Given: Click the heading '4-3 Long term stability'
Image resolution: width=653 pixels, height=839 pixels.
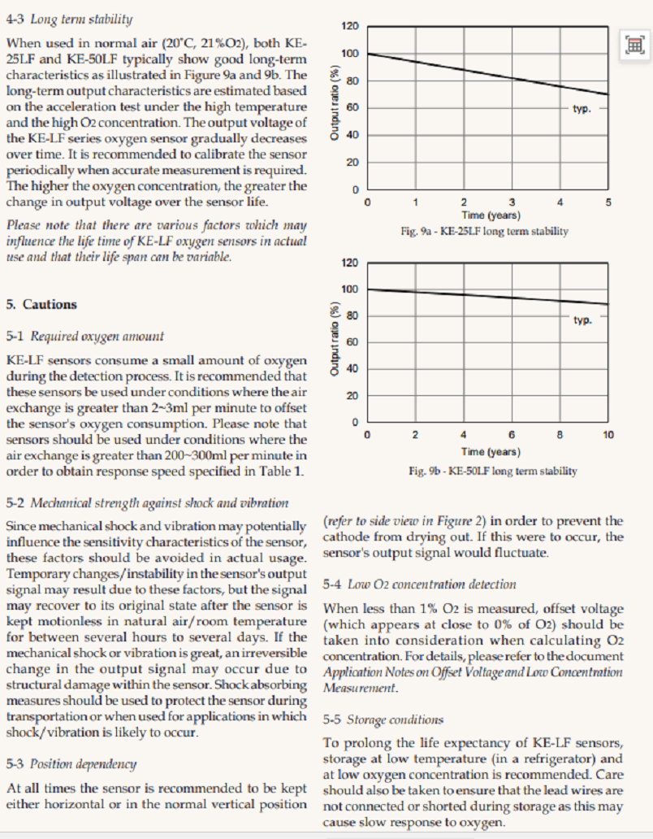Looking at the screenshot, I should (x=70, y=19).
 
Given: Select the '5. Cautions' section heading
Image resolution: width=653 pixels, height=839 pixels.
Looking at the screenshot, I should (x=41, y=305).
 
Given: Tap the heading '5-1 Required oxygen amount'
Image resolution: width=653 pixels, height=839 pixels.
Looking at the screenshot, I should (x=85, y=336).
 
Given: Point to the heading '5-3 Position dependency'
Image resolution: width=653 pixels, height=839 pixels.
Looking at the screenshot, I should (x=71, y=764).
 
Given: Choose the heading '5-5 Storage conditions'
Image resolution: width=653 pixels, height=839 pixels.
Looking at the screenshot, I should (x=383, y=719).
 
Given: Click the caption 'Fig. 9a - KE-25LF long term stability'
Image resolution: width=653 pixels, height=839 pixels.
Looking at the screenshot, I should (x=485, y=232).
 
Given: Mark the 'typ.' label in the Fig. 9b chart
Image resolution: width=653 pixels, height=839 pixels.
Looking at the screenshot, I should (x=582, y=320).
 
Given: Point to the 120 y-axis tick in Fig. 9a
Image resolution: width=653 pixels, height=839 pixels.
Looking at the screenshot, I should (x=349, y=27).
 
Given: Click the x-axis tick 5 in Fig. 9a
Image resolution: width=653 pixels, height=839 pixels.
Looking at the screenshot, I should (x=608, y=202).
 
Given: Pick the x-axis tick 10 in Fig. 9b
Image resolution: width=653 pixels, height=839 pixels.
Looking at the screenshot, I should (x=608, y=436).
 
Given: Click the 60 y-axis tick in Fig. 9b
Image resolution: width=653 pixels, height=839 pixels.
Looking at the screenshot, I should (x=352, y=342).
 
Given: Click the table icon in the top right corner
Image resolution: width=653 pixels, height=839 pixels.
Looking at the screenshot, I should (x=634, y=46).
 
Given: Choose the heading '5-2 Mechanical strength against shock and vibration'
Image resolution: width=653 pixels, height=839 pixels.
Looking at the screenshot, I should (x=147, y=503).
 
